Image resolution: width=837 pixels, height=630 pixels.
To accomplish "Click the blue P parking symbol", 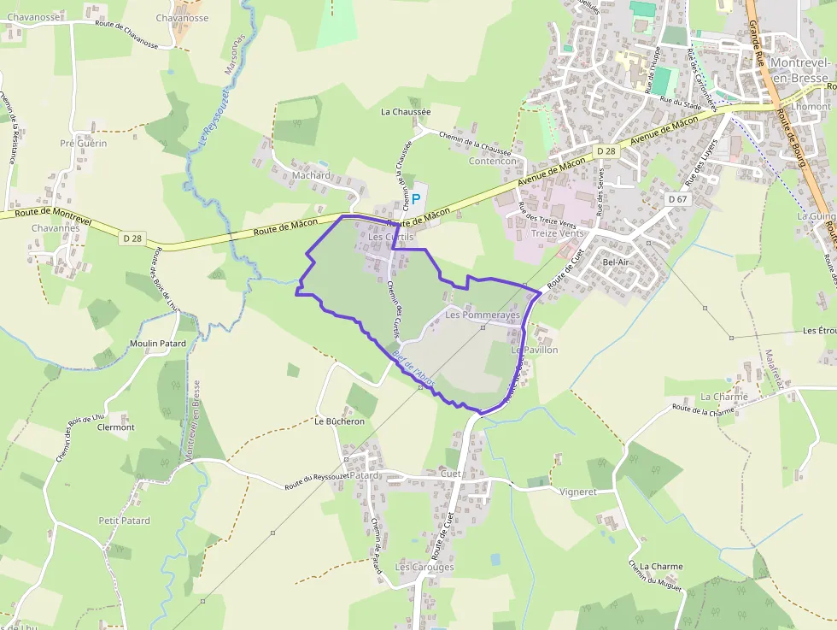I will coord(417,198).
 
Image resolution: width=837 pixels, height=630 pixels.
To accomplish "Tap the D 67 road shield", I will coord(677,199).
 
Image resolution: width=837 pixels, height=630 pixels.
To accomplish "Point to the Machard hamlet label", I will coord(311,175).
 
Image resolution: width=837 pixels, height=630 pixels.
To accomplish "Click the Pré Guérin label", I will coord(84,143).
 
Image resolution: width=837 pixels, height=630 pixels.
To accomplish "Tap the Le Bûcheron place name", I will coord(339,421).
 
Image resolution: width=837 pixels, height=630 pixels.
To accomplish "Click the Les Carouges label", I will coord(424,567).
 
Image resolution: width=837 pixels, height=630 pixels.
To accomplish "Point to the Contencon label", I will coord(493,161).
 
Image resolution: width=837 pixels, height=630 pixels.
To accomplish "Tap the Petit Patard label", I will coord(124,521).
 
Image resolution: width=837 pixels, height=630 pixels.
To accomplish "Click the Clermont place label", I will coord(116,427).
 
